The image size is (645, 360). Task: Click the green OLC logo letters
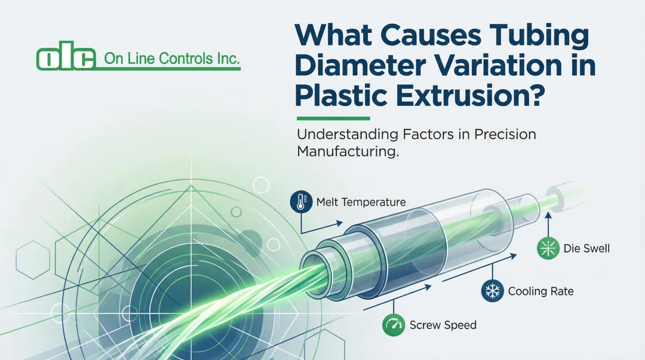pos(66,58)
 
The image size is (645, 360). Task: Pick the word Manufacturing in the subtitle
pos(346,152)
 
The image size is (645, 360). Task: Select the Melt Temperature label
pos(360,202)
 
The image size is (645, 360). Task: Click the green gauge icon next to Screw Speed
pos(392,325)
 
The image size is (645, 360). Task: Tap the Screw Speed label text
pos(443,325)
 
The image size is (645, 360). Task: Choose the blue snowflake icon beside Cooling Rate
pos(492,291)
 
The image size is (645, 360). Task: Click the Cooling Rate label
pos(540,291)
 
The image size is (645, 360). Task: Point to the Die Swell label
pos(586,248)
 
